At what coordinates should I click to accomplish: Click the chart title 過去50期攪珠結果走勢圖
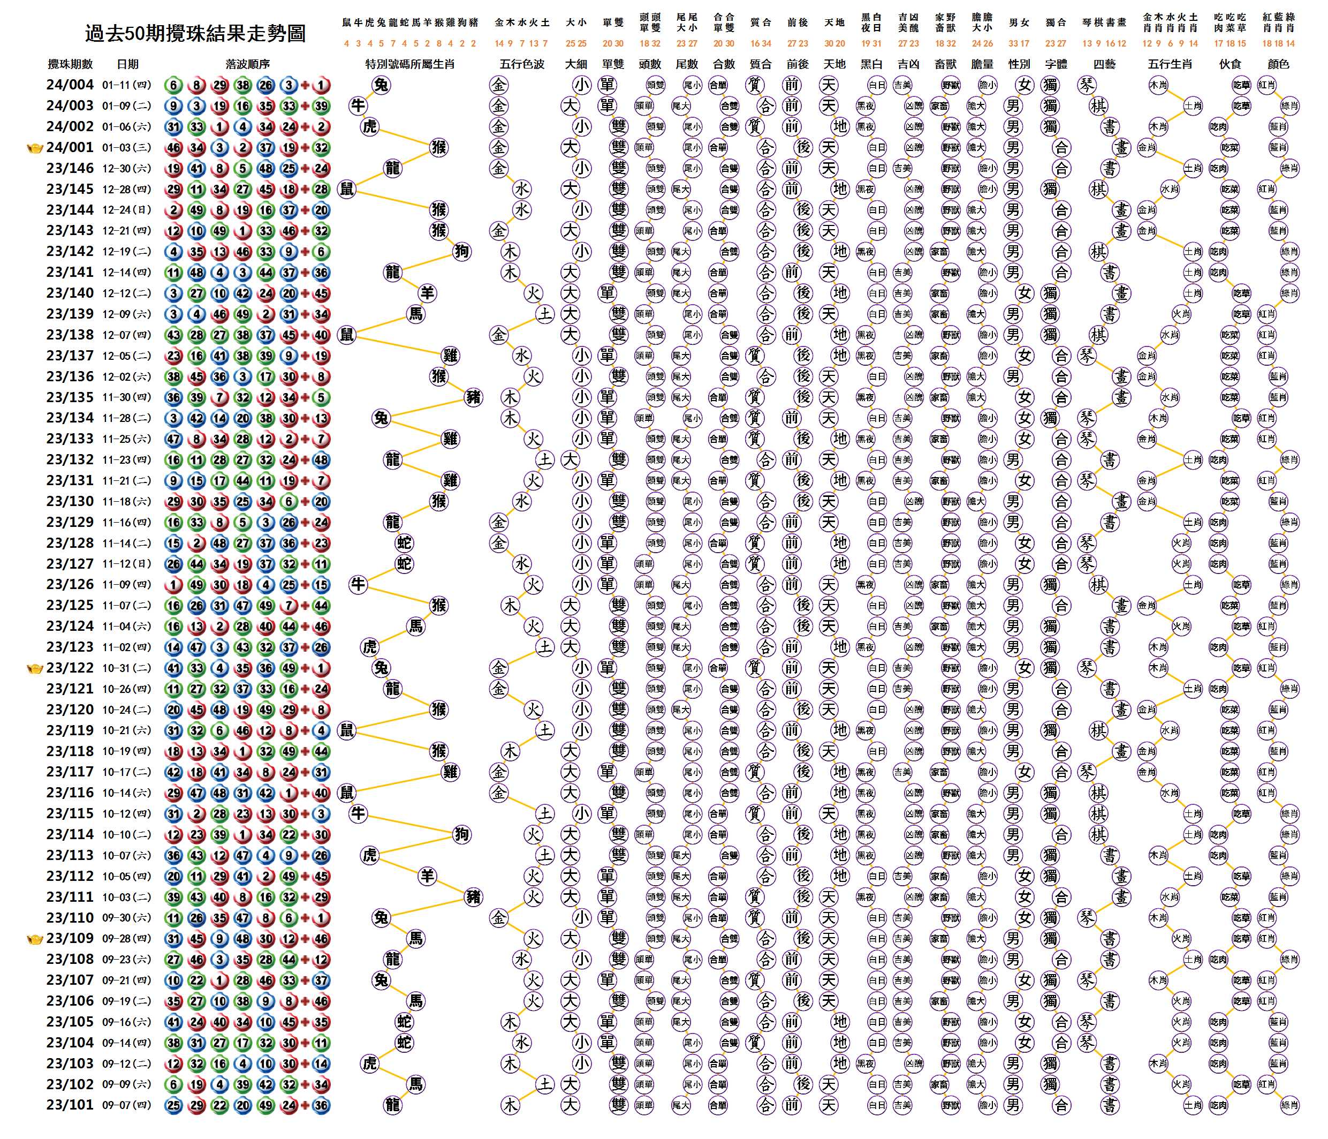(x=195, y=34)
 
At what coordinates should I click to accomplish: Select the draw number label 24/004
(x=70, y=85)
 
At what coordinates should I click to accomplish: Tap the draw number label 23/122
(x=70, y=668)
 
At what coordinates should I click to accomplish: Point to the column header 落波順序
(x=247, y=64)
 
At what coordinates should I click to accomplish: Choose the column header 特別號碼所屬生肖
(x=409, y=64)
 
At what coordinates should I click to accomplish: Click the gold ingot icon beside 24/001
(x=35, y=148)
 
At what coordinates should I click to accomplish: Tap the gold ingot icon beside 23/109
(x=35, y=940)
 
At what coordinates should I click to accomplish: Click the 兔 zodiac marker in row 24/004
(x=381, y=85)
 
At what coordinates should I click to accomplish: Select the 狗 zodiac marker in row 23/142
(x=461, y=251)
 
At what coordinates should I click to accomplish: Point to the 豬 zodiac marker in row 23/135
(x=473, y=397)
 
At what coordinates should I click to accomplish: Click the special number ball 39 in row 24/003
(x=321, y=106)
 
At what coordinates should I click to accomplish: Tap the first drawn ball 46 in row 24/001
(x=173, y=147)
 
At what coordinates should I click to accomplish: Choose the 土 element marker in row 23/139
(x=545, y=314)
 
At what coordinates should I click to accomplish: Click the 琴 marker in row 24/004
(x=1087, y=85)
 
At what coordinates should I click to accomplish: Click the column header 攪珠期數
(x=70, y=64)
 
